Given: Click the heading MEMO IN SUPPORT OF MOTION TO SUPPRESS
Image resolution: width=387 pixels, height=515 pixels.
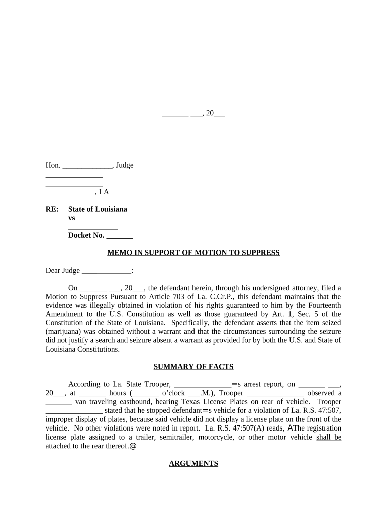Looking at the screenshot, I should tap(193, 253).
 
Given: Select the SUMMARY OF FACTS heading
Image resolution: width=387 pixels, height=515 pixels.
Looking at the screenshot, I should tap(193, 367).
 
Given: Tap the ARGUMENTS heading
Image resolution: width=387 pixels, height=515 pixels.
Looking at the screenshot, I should tap(193, 464).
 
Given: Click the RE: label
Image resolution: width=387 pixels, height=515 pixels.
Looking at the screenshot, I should tap(52, 209).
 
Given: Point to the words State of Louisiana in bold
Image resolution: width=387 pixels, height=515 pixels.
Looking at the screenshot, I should tap(98, 209).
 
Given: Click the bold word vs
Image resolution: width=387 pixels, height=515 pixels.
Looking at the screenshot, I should tap(72, 218).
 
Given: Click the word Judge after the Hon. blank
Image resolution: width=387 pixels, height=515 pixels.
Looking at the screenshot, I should tap(125, 165).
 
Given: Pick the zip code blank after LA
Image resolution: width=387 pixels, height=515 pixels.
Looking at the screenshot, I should tap(124, 192).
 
